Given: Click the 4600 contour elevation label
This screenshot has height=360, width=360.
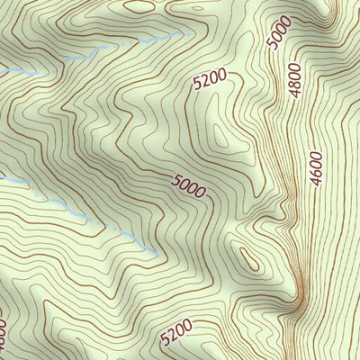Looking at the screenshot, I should tap(315, 166).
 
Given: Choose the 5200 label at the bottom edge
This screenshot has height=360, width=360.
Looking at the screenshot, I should tap(176, 336).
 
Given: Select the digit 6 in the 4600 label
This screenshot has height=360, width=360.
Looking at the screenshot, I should tap(315, 171).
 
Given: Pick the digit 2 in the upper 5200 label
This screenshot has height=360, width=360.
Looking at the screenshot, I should tap(203, 85).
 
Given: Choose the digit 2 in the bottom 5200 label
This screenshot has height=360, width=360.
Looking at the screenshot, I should tap(171, 339).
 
